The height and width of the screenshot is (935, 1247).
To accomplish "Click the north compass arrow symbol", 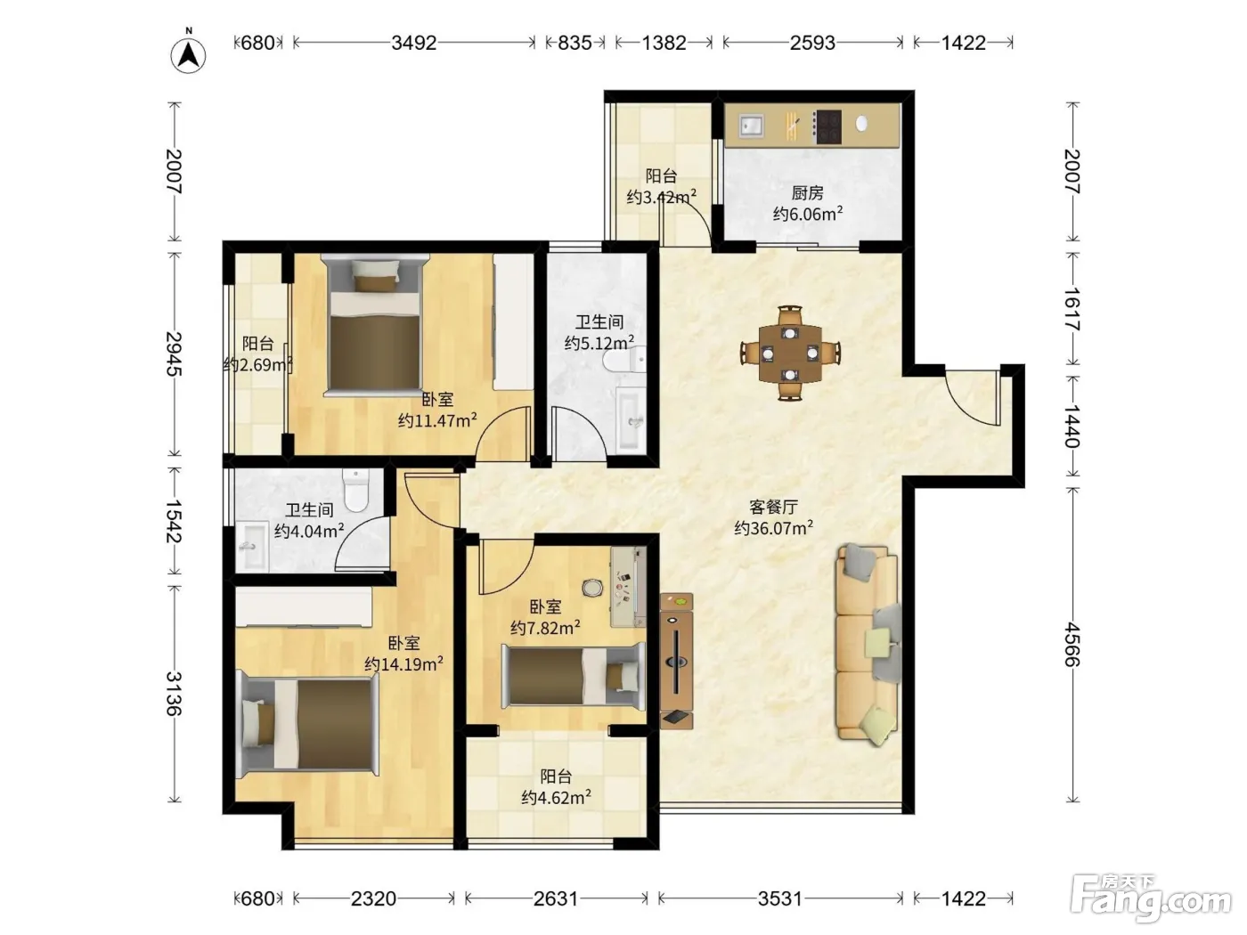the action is pos(188,55).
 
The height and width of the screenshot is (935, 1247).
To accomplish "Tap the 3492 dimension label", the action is pos(413,43).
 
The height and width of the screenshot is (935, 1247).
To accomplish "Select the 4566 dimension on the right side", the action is pos(1072,644).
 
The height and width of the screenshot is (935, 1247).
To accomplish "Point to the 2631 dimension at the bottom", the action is pos(555,898).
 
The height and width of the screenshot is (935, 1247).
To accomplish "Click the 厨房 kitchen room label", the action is pos(807,193).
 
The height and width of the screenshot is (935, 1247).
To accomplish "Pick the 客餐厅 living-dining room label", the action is pos(773,506).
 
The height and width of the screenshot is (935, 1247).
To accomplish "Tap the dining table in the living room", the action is pos(790,353).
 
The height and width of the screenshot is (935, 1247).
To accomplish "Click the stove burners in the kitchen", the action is pos(827,126).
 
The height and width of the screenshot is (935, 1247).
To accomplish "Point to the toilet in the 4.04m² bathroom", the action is pos(356,490).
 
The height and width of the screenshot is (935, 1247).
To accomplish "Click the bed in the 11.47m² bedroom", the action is pos(374,324).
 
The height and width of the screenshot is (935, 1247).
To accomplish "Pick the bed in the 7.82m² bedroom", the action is pos(574,676).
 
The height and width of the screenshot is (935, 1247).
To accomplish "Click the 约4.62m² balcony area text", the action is pos(556,797).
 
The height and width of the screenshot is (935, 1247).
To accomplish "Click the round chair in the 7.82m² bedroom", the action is pos(593,588).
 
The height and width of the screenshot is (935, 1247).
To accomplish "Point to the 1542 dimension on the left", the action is pos(174,521).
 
